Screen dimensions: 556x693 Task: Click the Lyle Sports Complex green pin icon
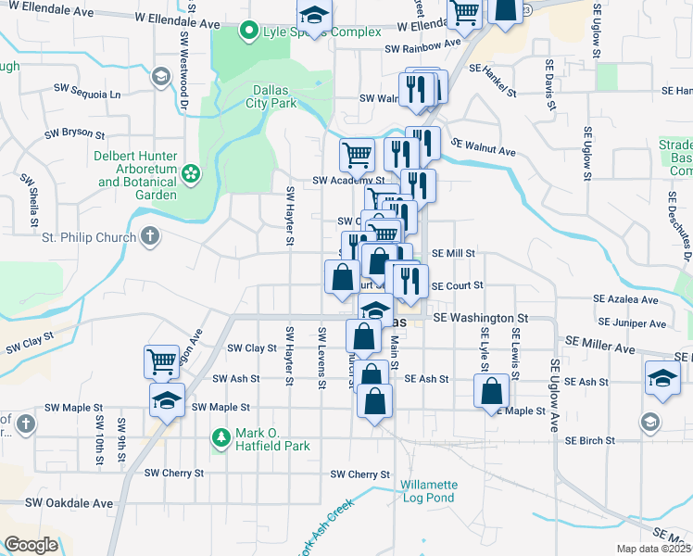coord(247,32)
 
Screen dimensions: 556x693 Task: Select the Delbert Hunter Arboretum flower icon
coord(191,172)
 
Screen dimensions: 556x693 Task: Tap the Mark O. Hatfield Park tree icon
coord(220,436)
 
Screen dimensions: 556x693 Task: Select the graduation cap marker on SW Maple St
coord(167,400)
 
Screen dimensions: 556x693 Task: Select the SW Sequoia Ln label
coord(87,95)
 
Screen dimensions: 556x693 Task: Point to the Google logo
coord(31,545)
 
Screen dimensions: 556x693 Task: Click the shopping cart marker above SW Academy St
coord(357,154)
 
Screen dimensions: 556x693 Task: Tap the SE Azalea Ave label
coord(625,300)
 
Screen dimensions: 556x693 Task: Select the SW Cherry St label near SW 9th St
coord(173,473)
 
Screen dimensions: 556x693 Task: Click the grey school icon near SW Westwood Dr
coord(160,76)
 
